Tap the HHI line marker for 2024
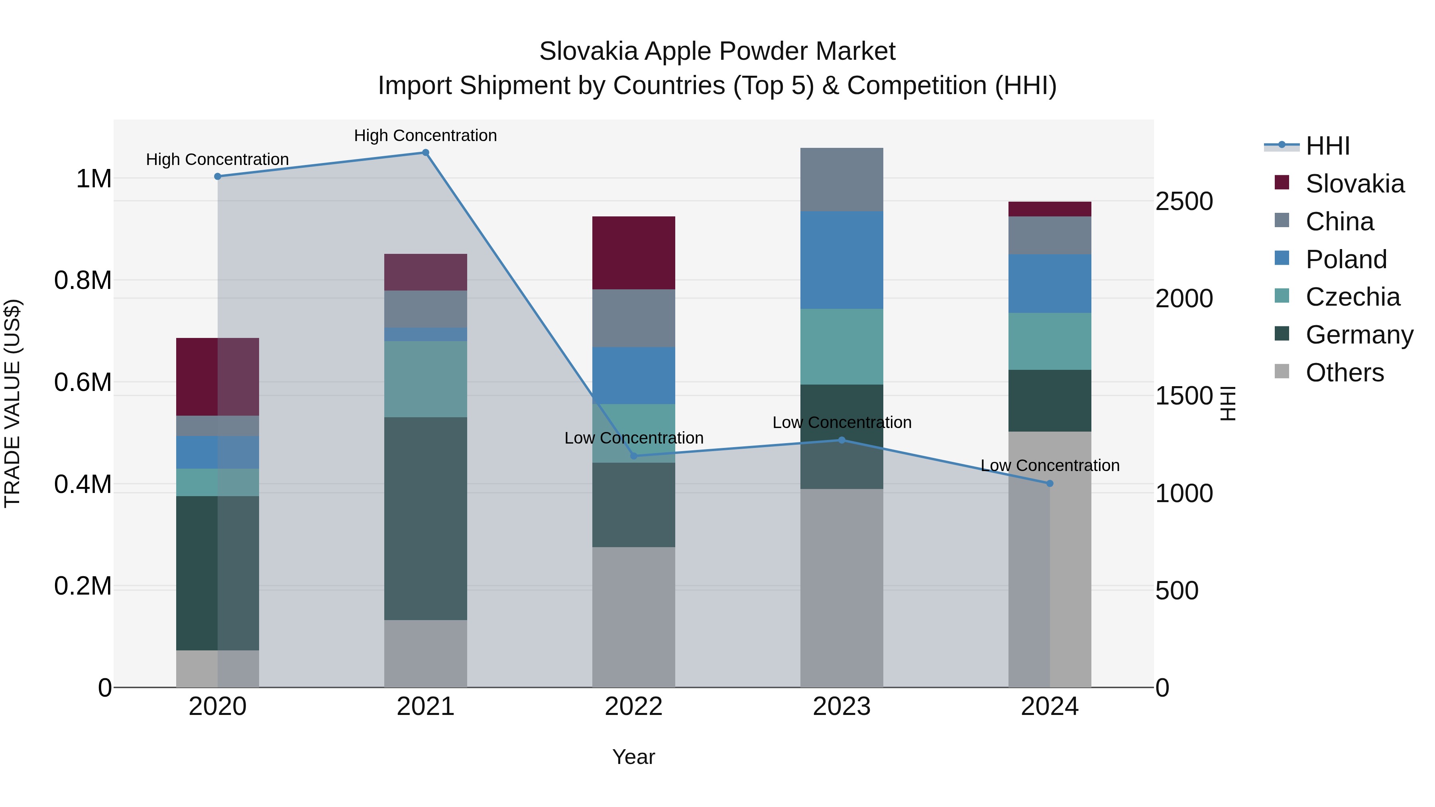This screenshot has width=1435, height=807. (x=1050, y=483)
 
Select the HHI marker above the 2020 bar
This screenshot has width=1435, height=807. (x=218, y=177)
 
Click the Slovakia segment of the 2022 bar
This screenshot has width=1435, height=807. (x=633, y=253)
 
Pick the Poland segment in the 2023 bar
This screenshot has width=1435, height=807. (x=842, y=260)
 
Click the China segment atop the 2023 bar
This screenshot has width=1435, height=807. (x=842, y=179)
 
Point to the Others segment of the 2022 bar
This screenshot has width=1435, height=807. (x=633, y=617)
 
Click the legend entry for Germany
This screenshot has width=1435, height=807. (x=1359, y=335)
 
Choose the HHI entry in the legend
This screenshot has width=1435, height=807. (x=1327, y=146)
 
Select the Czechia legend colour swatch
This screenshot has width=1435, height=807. (x=1282, y=296)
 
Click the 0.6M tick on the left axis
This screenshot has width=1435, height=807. (x=83, y=383)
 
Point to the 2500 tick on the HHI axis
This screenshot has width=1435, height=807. (x=1184, y=201)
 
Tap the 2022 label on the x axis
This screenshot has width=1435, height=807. (x=633, y=707)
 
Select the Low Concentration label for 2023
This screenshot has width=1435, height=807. (x=842, y=422)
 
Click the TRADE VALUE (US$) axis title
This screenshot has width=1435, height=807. (x=12, y=403)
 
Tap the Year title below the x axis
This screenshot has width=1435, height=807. (x=633, y=757)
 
